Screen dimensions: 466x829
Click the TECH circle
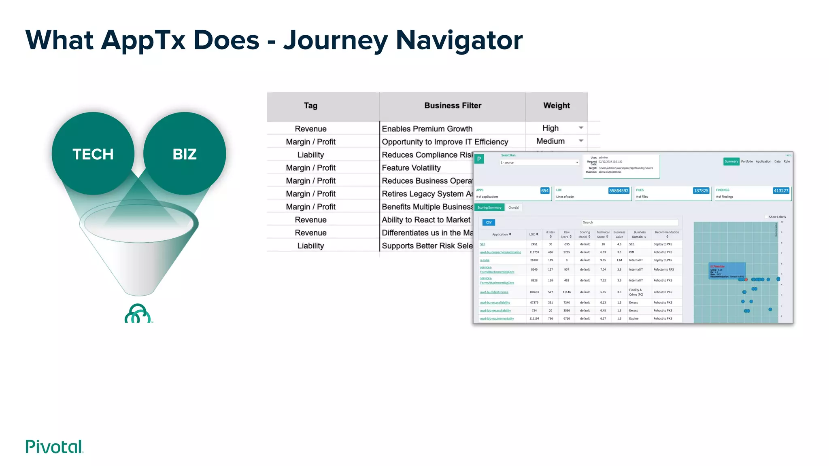93,154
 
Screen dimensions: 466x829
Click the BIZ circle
185,154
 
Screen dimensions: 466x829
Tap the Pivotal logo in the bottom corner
54,447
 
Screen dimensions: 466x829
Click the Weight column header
556,106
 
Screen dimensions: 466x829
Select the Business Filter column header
453,106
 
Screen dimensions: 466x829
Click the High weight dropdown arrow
581,128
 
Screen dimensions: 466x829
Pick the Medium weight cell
551,141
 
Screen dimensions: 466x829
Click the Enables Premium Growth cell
427,129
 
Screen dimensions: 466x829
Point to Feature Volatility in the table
411,168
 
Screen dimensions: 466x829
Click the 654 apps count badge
545,191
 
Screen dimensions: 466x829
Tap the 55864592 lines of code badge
619,191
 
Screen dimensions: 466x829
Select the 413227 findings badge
780,191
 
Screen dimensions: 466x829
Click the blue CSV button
489,222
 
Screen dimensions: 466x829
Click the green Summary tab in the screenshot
731,161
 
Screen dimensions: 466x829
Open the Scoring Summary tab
489,208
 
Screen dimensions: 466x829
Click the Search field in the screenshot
629,222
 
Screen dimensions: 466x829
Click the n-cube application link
485,260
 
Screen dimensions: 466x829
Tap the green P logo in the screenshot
479,159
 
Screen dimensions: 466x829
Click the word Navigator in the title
459,40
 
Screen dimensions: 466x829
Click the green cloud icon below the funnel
138,313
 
